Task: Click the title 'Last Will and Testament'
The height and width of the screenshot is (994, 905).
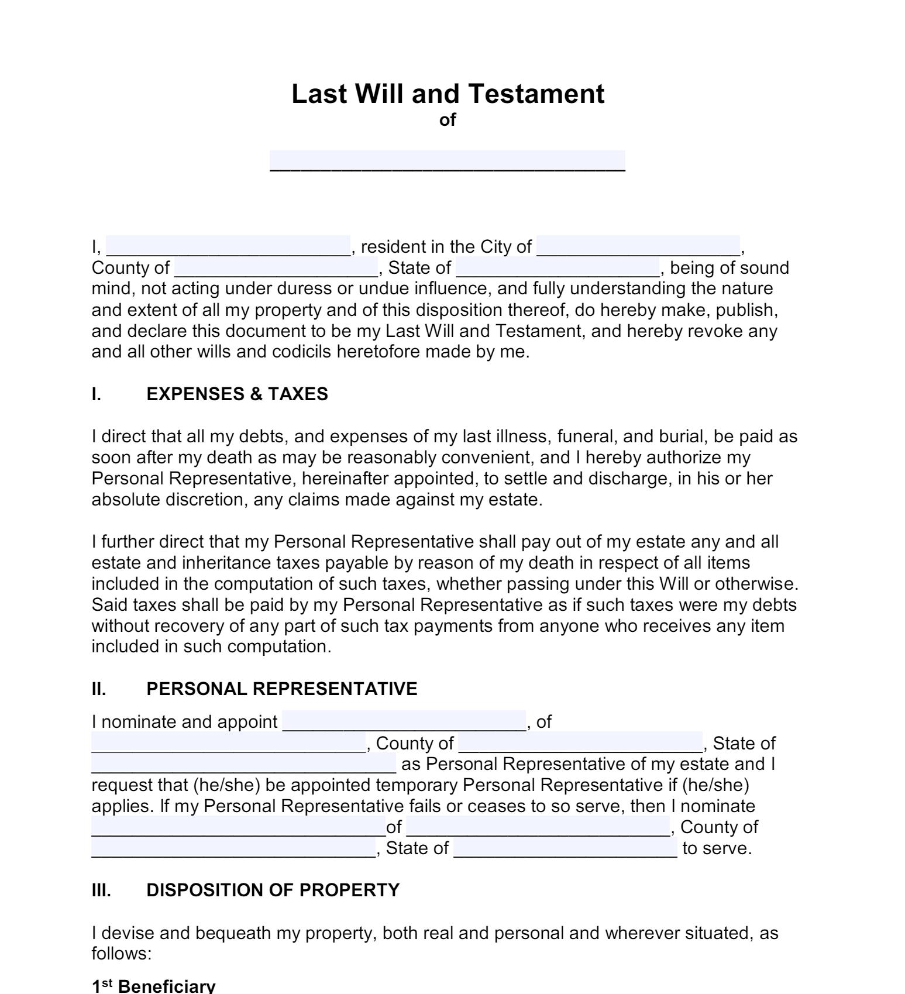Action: click(448, 94)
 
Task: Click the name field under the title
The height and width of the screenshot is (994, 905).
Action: click(448, 160)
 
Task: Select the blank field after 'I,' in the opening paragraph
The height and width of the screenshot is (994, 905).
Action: click(228, 246)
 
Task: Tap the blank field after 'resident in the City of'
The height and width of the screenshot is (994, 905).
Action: click(638, 246)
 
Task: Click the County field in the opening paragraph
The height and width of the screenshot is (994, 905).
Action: click(276, 267)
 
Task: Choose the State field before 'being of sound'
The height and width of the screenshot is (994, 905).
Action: click(558, 267)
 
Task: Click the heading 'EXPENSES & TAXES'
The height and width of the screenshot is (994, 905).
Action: click(237, 394)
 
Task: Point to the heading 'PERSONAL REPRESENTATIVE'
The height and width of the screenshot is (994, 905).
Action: click(281, 689)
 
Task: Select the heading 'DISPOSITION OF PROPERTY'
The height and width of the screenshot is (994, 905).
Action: click(273, 890)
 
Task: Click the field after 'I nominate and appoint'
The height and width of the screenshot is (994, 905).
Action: click(404, 721)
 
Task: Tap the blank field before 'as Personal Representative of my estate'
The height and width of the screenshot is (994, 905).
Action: click(243, 764)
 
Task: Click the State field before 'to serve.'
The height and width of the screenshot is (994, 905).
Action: click(565, 848)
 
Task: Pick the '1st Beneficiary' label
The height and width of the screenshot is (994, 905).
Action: click(153, 986)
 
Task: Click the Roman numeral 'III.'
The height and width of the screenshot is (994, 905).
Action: click(101, 890)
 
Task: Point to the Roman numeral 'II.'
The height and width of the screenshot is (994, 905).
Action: click(99, 689)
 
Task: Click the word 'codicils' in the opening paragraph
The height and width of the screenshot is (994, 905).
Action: click(302, 352)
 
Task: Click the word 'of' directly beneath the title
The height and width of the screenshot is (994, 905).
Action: click(448, 120)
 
